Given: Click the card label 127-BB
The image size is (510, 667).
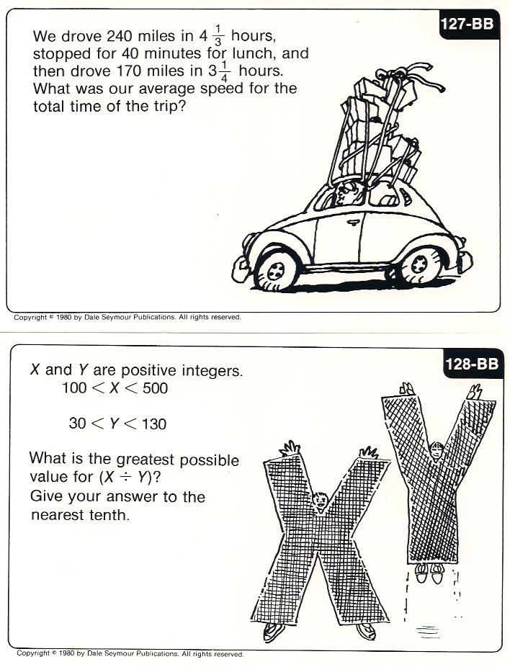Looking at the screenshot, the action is [x=467, y=24].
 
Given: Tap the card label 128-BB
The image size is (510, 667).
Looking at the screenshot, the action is [x=472, y=364].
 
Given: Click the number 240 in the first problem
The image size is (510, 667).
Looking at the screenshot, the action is [x=120, y=36].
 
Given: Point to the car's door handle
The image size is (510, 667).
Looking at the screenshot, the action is [x=353, y=222].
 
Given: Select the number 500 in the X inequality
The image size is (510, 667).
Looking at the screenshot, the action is [x=155, y=388].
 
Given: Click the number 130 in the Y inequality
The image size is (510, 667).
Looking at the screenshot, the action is [x=153, y=424].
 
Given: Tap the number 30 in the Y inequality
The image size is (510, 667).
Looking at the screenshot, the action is [x=77, y=424].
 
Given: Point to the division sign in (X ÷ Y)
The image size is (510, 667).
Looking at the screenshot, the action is [x=126, y=478].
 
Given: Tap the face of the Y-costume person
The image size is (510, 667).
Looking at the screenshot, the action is [x=437, y=451].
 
